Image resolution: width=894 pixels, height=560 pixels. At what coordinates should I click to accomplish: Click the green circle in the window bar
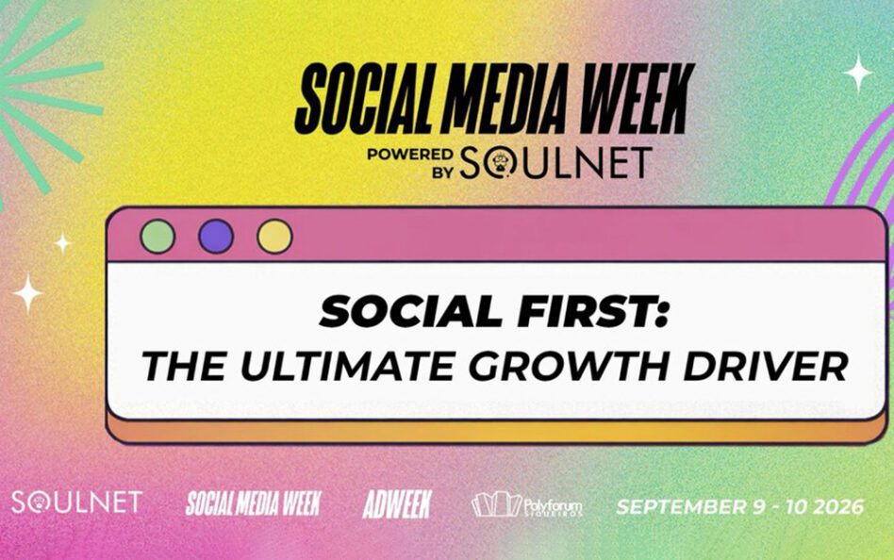(157, 236)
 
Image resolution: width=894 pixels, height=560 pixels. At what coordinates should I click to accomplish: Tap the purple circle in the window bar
(216, 236)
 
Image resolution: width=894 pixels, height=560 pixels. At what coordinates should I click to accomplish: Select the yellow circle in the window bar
(274, 236)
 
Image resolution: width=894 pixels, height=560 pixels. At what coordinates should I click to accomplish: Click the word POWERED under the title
(410, 155)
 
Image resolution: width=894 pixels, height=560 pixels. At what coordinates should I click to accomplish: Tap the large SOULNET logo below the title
(555, 162)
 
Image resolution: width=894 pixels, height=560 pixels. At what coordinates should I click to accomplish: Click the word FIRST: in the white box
(590, 311)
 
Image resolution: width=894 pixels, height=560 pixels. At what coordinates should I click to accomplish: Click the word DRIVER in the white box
(766, 366)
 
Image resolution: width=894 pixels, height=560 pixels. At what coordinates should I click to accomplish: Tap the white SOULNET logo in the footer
(77, 502)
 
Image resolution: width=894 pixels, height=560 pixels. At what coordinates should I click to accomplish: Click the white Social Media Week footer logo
(254, 503)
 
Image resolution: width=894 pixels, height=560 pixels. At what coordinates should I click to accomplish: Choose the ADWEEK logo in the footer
(397, 504)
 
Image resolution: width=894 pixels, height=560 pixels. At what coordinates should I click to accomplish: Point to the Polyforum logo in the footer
(527, 504)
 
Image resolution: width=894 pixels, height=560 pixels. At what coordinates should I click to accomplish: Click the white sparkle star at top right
(858, 73)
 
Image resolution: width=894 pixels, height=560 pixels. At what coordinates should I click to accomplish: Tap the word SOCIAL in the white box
(411, 311)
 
